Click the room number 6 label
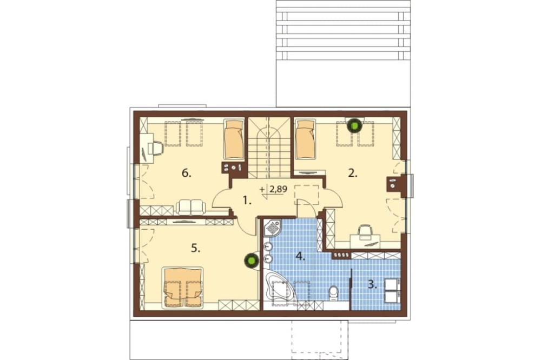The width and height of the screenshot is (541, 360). [x=186, y=173]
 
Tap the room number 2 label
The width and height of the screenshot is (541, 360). [x=352, y=173]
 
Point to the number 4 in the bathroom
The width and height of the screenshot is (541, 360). [x=300, y=256]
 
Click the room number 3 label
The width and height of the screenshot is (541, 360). [x=372, y=285]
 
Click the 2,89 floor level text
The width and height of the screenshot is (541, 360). [x=279, y=189]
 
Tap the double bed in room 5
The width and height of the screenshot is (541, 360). [x=182, y=287]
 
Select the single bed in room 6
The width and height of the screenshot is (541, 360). [x=234, y=139]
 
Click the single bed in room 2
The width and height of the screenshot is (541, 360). [x=306, y=139]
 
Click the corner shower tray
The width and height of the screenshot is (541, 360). [x=273, y=228]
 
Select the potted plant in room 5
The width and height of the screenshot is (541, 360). [x=252, y=261]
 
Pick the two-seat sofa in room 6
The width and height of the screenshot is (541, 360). [x=191, y=207]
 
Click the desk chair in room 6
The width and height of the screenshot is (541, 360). [x=156, y=148]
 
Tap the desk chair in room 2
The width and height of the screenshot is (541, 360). [x=365, y=230]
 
